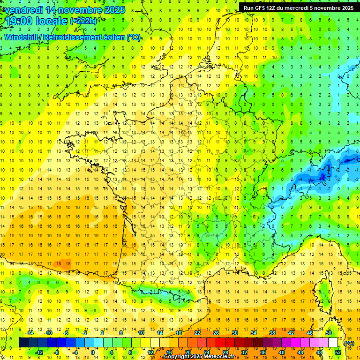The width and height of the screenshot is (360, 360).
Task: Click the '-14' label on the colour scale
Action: pyautogui.click(x=30, y=333)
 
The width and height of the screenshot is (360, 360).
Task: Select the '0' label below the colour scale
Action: pyautogui.click(x=92, y=352)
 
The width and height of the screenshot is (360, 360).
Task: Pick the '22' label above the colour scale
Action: pyautogui.click(x=197, y=333)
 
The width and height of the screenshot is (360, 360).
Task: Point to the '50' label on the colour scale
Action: pyautogui.click(x=329, y=333)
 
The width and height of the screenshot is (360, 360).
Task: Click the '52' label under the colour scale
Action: pyautogui.click(x=337, y=352)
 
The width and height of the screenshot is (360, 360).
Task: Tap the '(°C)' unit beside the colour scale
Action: pyautogui.click(x=349, y=343)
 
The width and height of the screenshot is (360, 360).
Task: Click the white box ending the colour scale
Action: pyautogui.click(x=333, y=343)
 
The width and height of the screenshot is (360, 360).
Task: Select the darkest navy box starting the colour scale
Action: pyautogui.click(x=23, y=343)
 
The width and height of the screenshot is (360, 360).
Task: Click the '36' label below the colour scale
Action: pyautogui.click(x=262, y=352)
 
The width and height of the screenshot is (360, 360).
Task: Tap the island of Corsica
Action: pyautogui.click(x=322, y=290)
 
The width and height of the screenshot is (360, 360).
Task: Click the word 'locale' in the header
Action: pyautogui.click(x=52, y=21)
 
